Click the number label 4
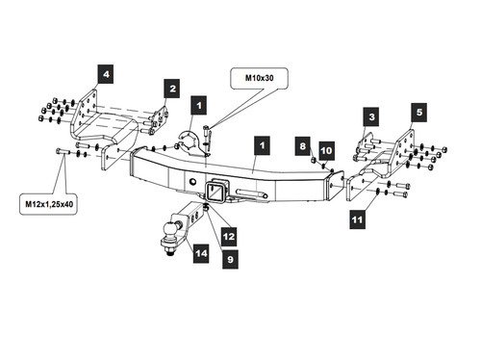(x=106, y=74)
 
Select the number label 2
(x=172, y=89)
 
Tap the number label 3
(x=371, y=116)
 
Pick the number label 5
(x=419, y=113)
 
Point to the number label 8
(x=303, y=146)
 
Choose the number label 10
(x=326, y=150)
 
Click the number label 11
(x=357, y=219)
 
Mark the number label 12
(x=229, y=237)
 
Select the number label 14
(x=201, y=254)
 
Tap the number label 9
(x=230, y=259)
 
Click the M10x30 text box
(x=260, y=78)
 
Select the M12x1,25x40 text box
(x=49, y=204)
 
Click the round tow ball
(x=169, y=229)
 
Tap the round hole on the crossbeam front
(x=192, y=182)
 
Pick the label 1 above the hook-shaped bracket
(x=199, y=105)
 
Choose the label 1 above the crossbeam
(x=262, y=145)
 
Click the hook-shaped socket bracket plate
(x=191, y=144)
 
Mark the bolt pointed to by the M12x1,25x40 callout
(x=63, y=151)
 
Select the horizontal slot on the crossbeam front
(x=252, y=193)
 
